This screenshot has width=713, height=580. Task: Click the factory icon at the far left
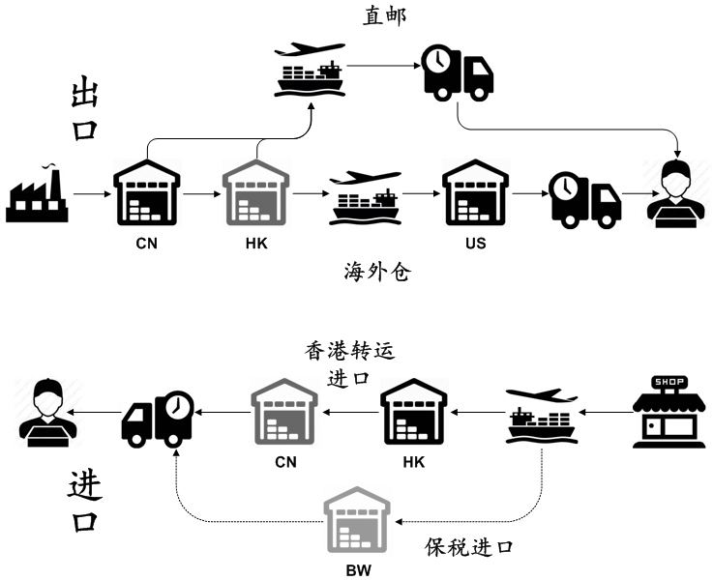(x=37, y=195)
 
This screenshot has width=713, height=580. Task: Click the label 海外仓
(x=377, y=272)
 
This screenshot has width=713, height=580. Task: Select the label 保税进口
(x=469, y=547)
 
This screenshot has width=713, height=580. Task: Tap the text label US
(x=475, y=244)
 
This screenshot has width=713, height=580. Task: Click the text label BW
(x=358, y=570)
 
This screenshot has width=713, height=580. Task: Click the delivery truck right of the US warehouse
(x=585, y=200)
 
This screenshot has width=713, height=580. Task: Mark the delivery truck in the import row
(x=158, y=419)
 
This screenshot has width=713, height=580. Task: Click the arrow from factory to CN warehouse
(x=91, y=195)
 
